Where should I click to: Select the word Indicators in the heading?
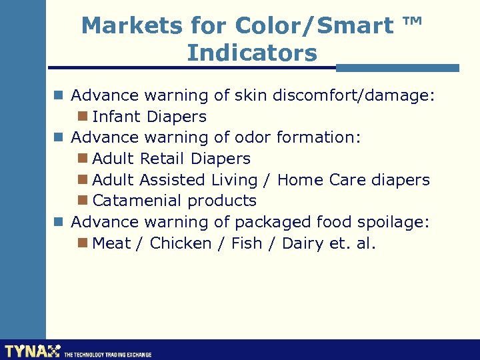click(x=252, y=53)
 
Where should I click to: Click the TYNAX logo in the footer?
click(x=32, y=351)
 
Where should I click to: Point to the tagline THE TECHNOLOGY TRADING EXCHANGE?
click(x=108, y=355)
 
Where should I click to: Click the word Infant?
click(x=117, y=117)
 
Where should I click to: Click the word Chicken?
click(x=181, y=243)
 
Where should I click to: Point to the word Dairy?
click(x=303, y=243)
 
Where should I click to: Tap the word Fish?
click(x=247, y=243)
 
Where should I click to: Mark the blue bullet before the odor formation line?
click(x=59, y=137)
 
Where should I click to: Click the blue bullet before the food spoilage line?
click(x=59, y=221)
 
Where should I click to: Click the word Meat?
click(x=111, y=243)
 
